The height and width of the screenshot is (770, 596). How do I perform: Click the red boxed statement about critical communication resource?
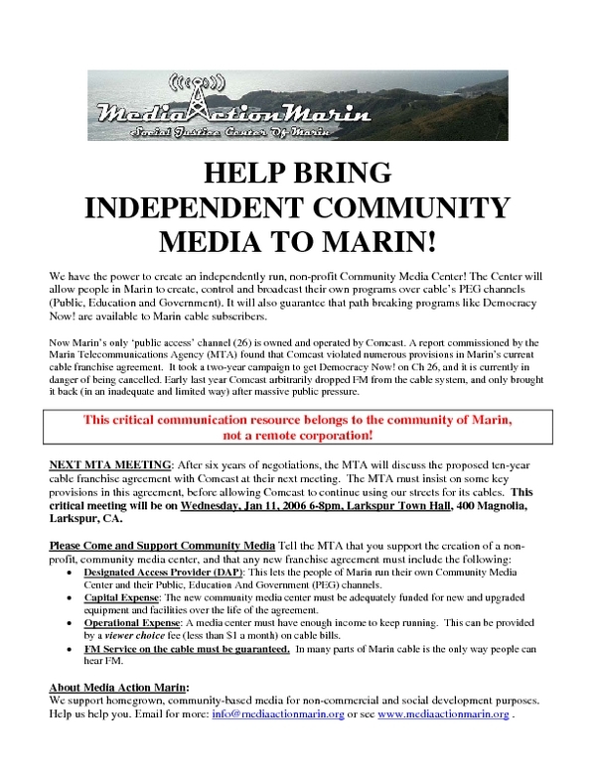coord(298,428)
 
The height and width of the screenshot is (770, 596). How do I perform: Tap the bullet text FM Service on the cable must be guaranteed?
coord(187,651)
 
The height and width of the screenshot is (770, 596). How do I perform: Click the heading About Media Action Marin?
coord(118,687)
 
